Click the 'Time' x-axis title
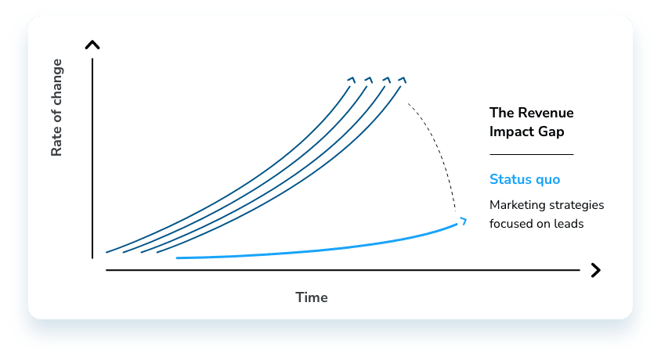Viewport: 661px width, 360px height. (312, 297)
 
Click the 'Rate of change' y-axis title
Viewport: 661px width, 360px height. (56, 108)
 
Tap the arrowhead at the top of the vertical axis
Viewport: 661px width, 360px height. (92, 45)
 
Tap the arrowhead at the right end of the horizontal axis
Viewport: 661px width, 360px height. (596, 270)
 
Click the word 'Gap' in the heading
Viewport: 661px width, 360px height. (551, 131)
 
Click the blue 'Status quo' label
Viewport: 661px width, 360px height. (525, 179)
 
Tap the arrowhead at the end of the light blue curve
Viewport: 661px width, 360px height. (463, 221)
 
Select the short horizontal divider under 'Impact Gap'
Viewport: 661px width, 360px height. (532, 154)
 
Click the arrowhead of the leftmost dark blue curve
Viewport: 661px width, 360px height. (351, 80)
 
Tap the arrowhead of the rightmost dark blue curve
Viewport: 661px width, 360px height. (403, 80)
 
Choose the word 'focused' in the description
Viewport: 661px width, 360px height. (507, 224)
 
